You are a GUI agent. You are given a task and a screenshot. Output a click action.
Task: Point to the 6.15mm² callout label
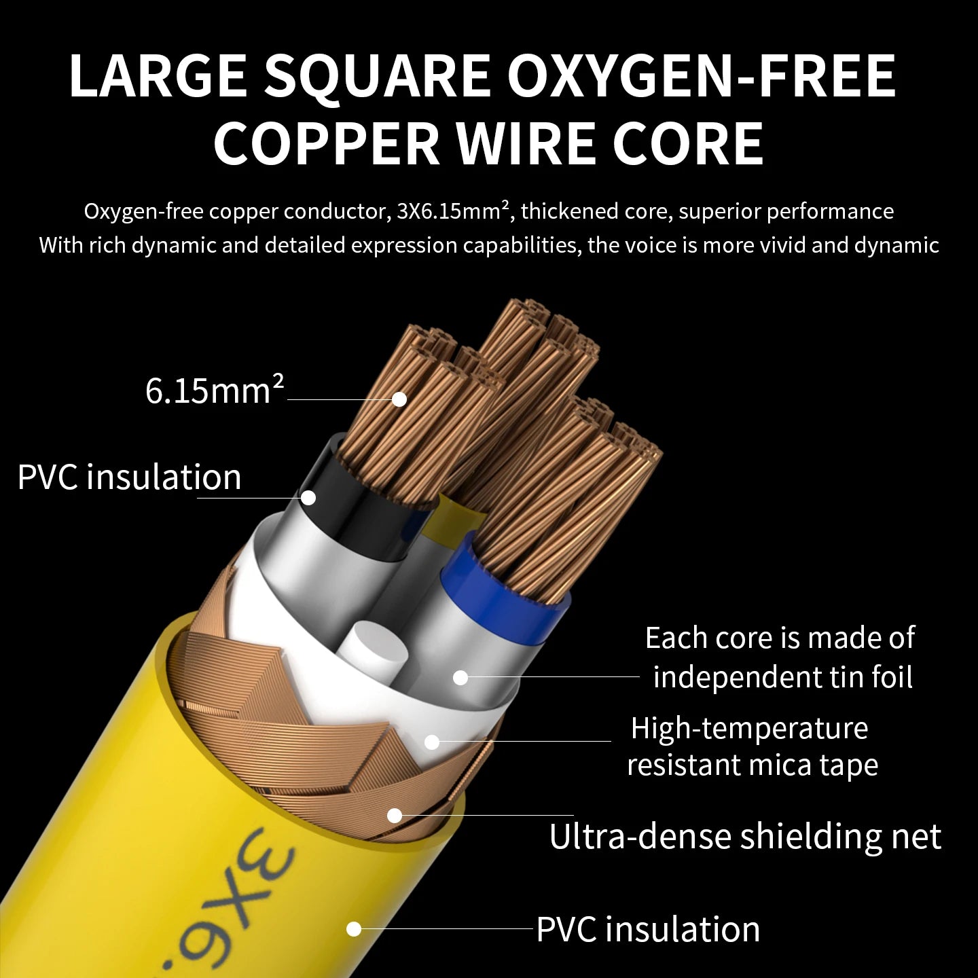(214, 390)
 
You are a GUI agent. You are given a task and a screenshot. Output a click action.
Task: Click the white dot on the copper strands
(399, 399)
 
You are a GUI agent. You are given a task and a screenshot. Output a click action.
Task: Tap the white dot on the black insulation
(308, 497)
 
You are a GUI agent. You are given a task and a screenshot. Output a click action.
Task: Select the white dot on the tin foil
(460, 677)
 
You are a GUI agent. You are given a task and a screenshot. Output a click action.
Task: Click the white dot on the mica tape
(432, 742)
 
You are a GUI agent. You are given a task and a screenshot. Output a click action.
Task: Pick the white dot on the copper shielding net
(395, 816)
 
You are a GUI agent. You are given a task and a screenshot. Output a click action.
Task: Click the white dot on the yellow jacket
(354, 929)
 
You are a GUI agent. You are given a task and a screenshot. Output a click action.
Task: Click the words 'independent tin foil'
(782, 677)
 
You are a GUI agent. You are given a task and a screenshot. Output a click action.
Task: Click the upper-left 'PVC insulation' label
(130, 477)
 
